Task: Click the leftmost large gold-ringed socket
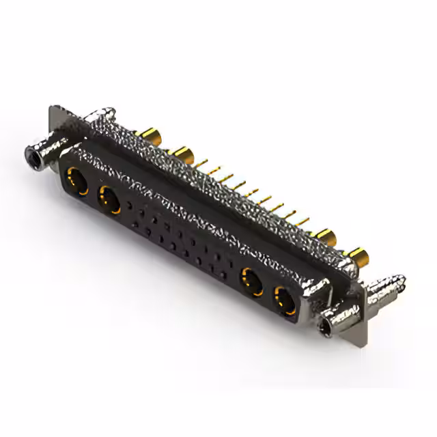tap(75, 182)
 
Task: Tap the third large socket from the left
tap(251, 279)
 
